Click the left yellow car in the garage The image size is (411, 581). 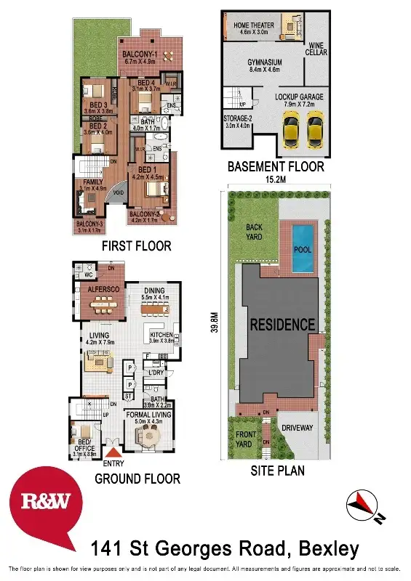292,130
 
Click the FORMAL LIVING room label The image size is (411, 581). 148,415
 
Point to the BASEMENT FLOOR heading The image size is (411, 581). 276,166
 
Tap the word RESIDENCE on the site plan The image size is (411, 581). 283,325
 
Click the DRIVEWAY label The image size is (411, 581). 297,428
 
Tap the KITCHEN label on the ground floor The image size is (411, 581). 160,335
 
